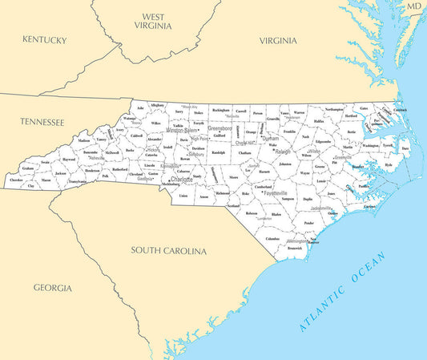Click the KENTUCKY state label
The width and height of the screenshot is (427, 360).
(x=46, y=39)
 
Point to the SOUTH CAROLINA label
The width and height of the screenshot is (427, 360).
(x=168, y=251)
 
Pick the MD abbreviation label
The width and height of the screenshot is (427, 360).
(x=413, y=6)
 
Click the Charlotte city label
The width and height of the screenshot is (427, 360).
(x=181, y=180)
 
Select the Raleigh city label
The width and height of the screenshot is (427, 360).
(x=283, y=151)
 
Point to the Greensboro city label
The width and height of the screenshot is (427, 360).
(x=220, y=128)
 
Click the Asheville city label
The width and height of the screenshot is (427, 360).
(x=97, y=158)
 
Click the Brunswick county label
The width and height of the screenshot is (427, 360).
(x=294, y=249)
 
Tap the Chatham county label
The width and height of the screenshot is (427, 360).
(x=244, y=152)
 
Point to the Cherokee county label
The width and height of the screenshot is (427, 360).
(x=16, y=180)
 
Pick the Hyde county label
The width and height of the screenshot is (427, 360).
(x=388, y=164)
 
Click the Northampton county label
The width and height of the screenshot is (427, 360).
(x=334, y=109)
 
